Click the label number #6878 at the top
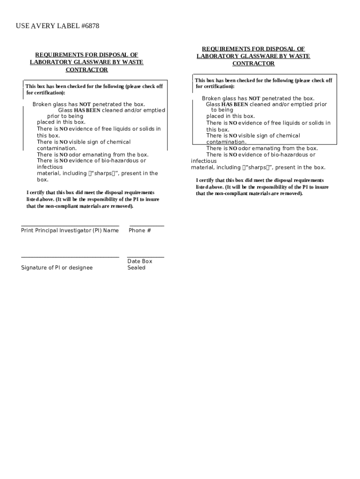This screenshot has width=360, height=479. pyautogui.click(x=90, y=26)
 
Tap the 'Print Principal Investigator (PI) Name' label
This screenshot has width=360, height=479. pyautogui.click(x=70, y=230)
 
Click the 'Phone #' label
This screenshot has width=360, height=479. pyautogui.click(x=140, y=230)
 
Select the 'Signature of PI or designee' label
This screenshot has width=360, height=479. pyautogui.click(x=57, y=268)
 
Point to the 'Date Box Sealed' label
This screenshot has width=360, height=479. pyautogui.click(x=139, y=264)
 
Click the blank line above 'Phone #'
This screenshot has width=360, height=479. pyautogui.click(x=146, y=226)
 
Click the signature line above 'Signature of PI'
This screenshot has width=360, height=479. pyautogui.click(x=70, y=257)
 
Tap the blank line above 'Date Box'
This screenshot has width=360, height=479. pyautogui.click(x=145, y=257)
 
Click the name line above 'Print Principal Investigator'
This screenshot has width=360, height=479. pyautogui.click(x=70, y=226)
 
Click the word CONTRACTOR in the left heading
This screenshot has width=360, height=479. pyautogui.click(x=86, y=70)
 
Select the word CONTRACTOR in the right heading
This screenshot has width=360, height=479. pyautogui.click(x=253, y=64)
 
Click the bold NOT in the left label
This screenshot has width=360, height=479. pyautogui.click(x=85, y=104)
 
